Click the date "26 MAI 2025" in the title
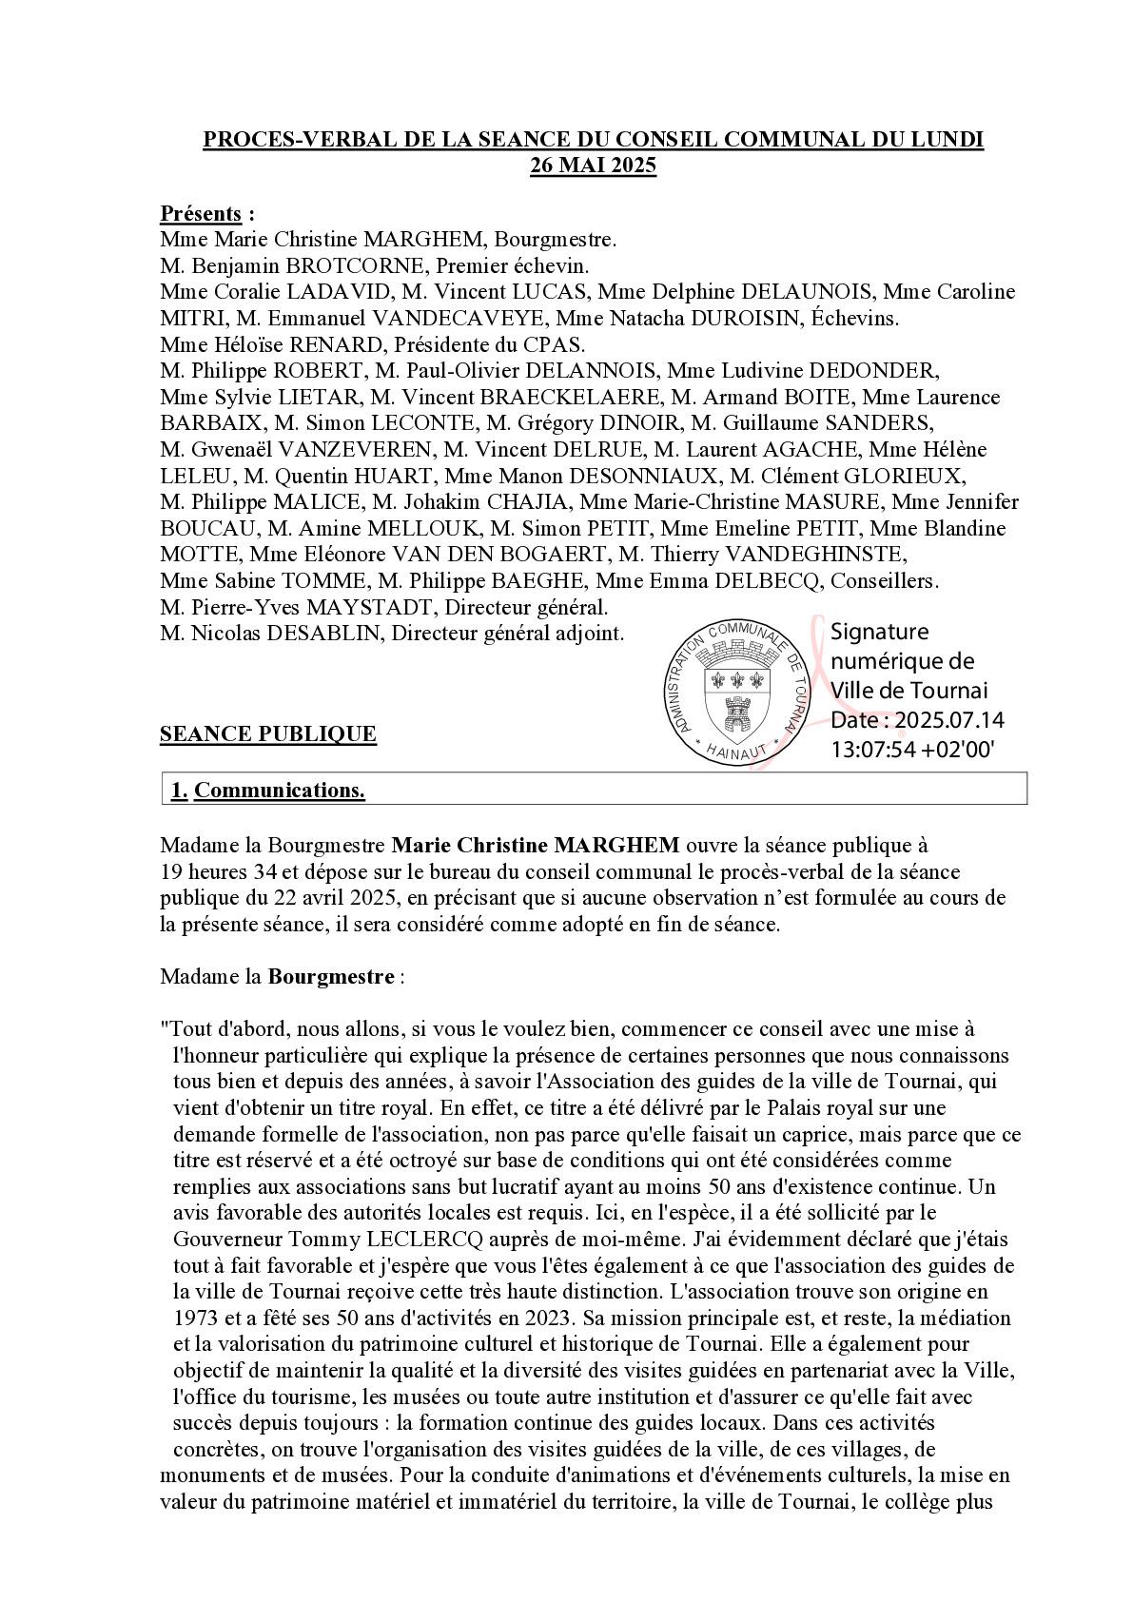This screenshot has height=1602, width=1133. coord(594,166)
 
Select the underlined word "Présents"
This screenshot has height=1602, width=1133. coord(200,213)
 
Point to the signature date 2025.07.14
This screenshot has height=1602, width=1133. coord(948,720)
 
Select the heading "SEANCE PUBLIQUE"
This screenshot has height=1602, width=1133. coord(267,734)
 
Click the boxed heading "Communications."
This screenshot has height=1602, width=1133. coord(280,791)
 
